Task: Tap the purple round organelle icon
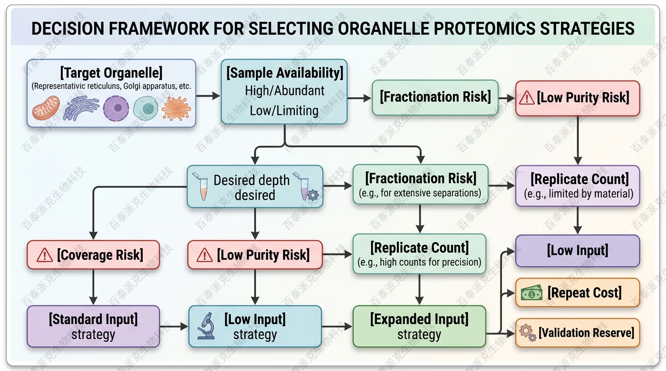116,108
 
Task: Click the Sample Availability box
284,92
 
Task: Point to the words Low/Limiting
284,110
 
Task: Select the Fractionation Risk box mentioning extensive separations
420,185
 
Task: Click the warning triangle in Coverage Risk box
45,255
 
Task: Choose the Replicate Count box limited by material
578,185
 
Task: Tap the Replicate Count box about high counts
420,254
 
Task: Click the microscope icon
206,326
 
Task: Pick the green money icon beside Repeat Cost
531,293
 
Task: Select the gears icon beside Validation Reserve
528,333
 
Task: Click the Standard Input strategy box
93,326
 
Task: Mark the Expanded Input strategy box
419,326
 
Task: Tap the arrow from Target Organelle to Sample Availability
208,96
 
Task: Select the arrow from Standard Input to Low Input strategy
174,327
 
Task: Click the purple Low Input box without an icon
577,251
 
